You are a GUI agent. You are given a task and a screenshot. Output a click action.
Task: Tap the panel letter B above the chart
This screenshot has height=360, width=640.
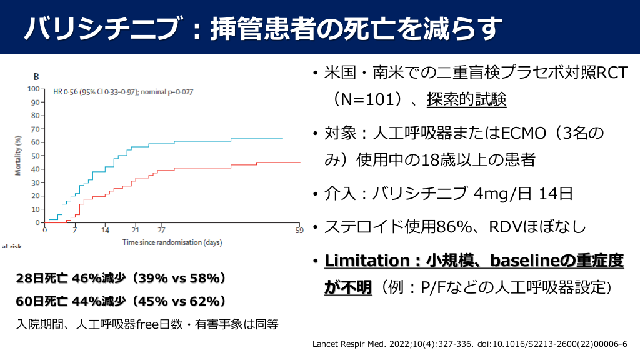tap(36, 77)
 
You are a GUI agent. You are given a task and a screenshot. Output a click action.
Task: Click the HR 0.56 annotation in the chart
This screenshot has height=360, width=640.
tap(123, 92)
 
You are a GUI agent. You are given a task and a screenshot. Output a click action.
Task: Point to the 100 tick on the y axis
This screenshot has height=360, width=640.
tap(33, 89)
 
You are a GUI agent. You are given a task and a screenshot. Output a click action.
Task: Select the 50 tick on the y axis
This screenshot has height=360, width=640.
tap(35, 156)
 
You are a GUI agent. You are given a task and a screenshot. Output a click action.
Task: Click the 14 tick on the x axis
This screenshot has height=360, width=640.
tap(105, 229)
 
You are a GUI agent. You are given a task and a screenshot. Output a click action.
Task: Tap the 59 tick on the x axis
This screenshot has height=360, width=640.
tap(300, 229)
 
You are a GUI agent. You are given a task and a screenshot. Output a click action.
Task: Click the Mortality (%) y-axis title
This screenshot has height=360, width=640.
tap(19, 155)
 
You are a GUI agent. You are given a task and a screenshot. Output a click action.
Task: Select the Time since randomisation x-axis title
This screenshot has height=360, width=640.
tap(172, 242)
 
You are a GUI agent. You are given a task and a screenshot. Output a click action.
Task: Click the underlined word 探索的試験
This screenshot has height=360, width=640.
tap(467, 99)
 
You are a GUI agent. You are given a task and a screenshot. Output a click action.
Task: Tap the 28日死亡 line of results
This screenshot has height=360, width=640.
tap(121, 277)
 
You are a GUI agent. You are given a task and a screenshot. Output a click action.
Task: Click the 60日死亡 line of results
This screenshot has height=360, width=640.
tap(121, 301)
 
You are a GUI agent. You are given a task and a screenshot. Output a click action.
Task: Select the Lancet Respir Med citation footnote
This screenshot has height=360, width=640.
tap(469, 344)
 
